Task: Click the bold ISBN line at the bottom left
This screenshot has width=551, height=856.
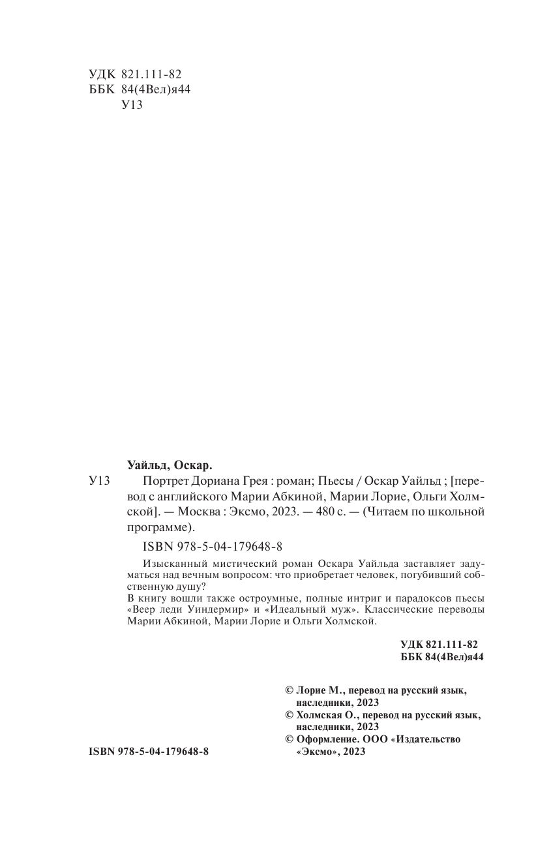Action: pos(148,752)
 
